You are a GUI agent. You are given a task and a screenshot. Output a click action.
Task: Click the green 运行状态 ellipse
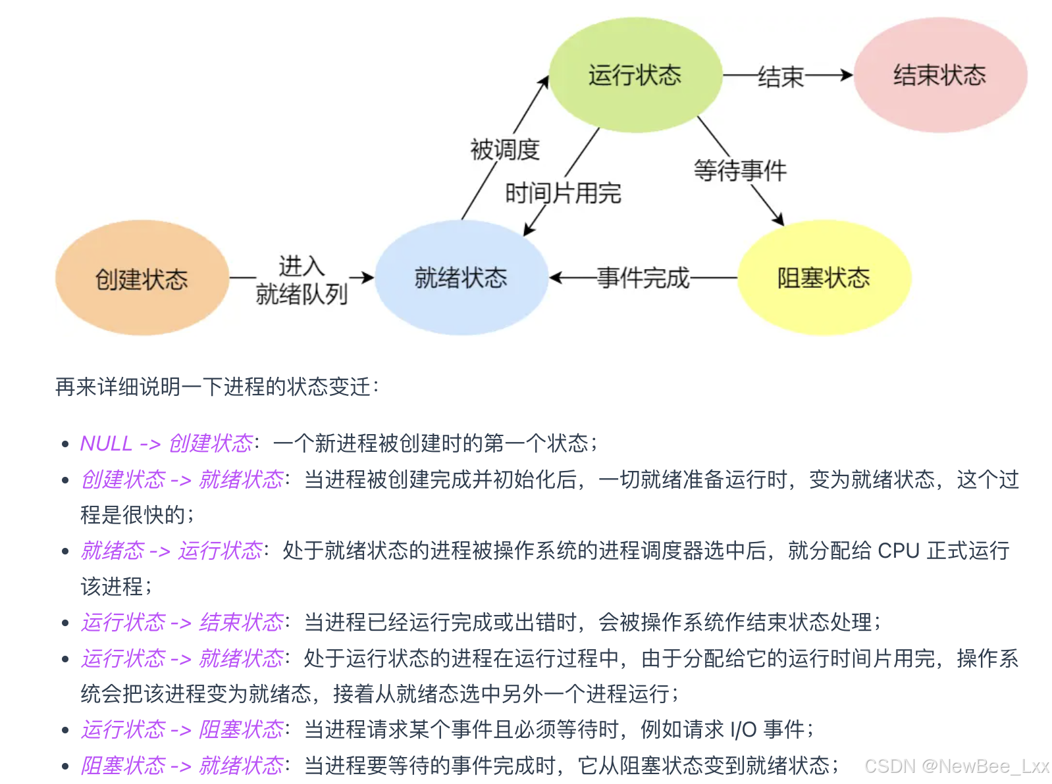click(x=635, y=75)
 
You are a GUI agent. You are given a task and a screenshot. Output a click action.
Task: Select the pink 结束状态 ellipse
click(x=939, y=75)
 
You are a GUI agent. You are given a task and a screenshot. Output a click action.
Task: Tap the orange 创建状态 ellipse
click(x=142, y=278)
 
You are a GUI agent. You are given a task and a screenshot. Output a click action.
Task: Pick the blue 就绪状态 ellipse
click(x=461, y=278)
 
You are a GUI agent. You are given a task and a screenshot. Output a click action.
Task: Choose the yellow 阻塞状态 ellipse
click(x=824, y=278)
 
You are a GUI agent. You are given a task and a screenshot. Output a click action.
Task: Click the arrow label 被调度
click(x=504, y=149)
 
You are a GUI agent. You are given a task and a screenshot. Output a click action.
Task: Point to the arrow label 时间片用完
click(x=563, y=193)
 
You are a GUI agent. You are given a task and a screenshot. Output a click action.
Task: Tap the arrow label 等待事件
click(x=740, y=170)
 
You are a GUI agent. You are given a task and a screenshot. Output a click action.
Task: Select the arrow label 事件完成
click(x=643, y=278)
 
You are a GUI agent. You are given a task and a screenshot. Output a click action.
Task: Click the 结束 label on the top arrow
click(x=781, y=76)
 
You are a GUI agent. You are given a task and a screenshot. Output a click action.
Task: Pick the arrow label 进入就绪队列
click(x=302, y=280)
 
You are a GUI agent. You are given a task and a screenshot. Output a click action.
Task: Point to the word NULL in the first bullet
click(x=106, y=443)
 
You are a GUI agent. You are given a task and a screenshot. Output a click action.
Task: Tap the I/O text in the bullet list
click(x=743, y=729)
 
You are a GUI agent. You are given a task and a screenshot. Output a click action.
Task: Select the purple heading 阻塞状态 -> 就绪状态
click(x=182, y=766)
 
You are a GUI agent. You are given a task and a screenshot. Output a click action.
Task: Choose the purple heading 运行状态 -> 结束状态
click(x=182, y=622)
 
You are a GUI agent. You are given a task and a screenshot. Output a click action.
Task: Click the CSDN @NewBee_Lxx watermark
click(x=956, y=766)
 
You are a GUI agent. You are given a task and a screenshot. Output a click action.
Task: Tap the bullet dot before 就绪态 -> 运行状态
click(x=65, y=551)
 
